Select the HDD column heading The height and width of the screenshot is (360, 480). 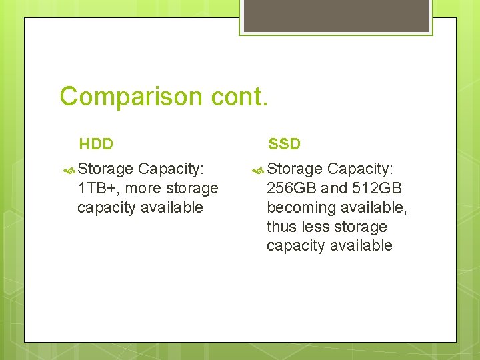96,144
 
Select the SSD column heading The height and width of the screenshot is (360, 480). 285,144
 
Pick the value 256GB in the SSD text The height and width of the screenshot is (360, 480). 291,189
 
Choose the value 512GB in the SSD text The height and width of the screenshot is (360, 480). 377,189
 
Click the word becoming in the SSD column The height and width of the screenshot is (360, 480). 298,208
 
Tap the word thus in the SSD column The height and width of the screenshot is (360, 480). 281,227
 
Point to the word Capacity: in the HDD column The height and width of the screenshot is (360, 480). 171,169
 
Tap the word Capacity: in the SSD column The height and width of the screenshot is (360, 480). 361,169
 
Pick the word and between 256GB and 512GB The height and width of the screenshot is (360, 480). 334,189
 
